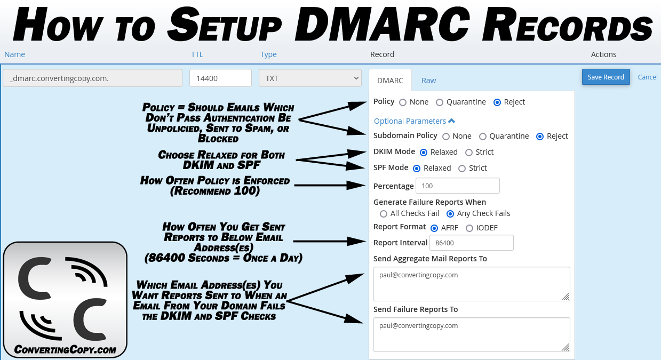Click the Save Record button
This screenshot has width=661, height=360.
[606, 77]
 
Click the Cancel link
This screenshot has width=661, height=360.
[648, 77]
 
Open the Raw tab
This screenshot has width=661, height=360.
[428, 81]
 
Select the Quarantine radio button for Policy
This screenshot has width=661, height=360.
[440, 102]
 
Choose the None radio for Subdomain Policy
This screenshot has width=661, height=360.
[446, 137]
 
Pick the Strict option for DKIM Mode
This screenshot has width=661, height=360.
[469, 152]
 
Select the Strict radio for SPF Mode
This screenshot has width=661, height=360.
[462, 169]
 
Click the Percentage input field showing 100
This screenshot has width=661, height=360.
[458, 186]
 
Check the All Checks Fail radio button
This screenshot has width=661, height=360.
[384, 214]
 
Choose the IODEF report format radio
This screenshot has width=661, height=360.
[469, 228]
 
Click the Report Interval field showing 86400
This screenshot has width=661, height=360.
[472, 243]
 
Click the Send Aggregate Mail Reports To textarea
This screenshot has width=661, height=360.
[472, 284]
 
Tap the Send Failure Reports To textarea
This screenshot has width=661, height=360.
[472, 334]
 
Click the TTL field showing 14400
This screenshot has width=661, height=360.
[220, 78]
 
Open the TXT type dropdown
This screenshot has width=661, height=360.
[310, 78]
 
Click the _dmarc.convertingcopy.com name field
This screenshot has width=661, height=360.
[92, 78]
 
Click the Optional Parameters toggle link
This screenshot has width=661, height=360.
[415, 121]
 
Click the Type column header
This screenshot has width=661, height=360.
[268, 54]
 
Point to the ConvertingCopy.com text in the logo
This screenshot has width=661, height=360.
[65, 350]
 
